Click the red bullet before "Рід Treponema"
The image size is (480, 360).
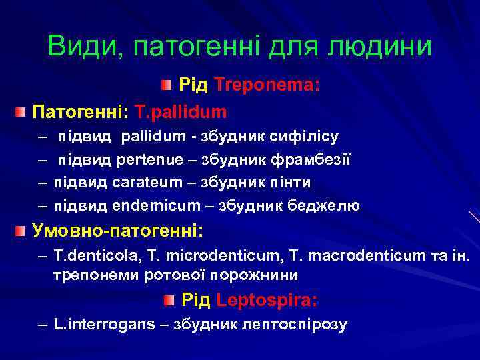click(167, 85)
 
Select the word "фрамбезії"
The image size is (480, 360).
click(319, 160)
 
